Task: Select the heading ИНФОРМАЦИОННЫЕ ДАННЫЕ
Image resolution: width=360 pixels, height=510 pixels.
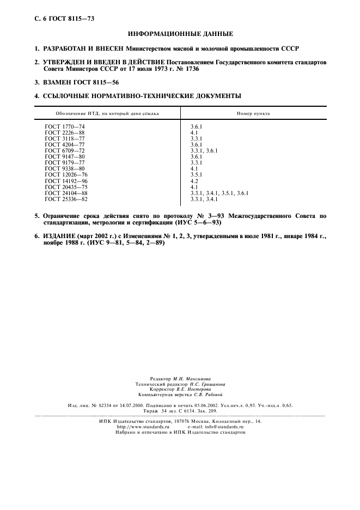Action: tap(180, 34)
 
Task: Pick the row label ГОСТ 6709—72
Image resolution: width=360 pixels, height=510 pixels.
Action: tap(65, 150)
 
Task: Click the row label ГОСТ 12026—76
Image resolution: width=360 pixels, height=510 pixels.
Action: tap(66, 174)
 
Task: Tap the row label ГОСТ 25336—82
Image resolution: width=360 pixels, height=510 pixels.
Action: tap(66, 199)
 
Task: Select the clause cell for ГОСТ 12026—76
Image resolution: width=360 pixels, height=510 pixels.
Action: tap(196, 174)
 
